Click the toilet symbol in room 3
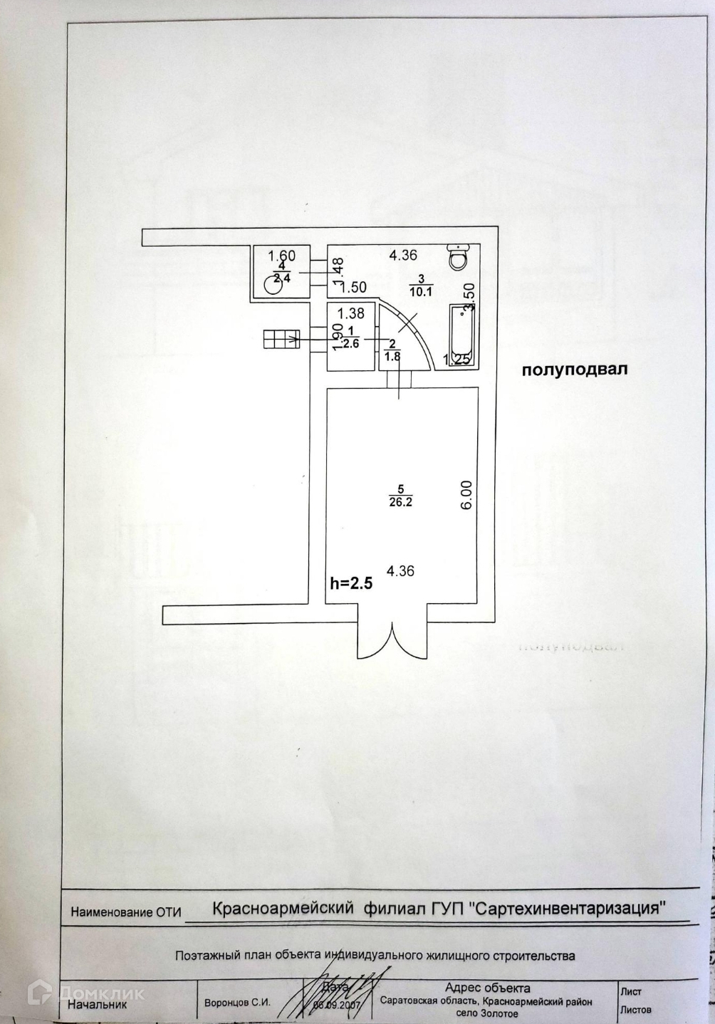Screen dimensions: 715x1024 click(457, 256)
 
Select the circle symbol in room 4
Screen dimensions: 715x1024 click(271, 285)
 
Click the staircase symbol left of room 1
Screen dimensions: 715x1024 click(281, 340)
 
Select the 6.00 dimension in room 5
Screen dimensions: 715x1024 click(466, 494)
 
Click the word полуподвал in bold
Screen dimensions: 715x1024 click(575, 370)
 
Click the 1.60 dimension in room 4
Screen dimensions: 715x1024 click(281, 255)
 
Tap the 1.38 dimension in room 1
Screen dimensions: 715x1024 click(350, 312)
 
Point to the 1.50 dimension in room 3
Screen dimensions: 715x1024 click(353, 288)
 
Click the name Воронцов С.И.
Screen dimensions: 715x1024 click(237, 1002)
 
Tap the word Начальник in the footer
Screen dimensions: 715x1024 click(97, 1004)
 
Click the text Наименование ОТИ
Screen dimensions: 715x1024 click(126, 911)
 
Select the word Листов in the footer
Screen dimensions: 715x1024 click(636, 1009)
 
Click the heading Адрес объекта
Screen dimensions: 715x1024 click(487, 988)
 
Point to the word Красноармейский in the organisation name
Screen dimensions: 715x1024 click(284, 908)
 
